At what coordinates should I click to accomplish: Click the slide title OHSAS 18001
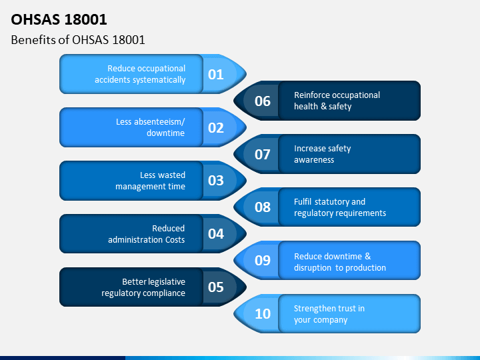coord(59,19)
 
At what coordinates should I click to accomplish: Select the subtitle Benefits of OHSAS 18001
coord(78,40)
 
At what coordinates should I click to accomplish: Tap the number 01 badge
coord(216,74)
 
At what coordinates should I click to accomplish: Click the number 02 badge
coord(216,127)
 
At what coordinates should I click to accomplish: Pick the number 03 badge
coord(216,181)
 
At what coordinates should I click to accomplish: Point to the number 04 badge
coord(216,234)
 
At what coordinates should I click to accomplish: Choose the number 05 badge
coord(216,287)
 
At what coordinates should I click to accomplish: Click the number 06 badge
coord(263,101)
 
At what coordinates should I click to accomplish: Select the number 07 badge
coord(263,154)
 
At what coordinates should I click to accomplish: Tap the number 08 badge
coord(263,207)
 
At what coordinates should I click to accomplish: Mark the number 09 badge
coord(263,260)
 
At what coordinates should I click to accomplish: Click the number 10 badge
coord(263,313)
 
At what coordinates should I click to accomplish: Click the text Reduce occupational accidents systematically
coord(140,74)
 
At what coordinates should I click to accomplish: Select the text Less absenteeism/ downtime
coord(150,127)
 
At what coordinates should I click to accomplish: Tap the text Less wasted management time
coord(150,181)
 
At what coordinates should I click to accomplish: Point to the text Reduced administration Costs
coord(147,234)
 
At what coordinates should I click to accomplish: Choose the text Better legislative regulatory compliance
coord(143,287)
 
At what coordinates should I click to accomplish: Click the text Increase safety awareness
coord(322,154)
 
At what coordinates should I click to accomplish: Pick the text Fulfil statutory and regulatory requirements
coord(340,207)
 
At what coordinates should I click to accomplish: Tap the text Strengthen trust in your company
coord(329,314)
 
